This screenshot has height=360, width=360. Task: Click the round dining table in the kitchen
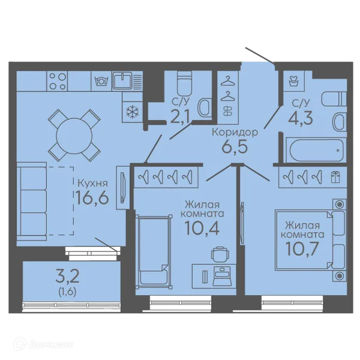[x=74, y=136]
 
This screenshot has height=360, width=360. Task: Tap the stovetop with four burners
[x=57, y=81]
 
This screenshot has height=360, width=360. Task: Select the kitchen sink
[x=122, y=80]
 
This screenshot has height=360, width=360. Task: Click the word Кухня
[x=93, y=183]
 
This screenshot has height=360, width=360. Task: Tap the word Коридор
[x=235, y=133]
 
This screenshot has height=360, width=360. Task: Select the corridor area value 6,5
[x=235, y=146]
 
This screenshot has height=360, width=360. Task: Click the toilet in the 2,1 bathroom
[x=184, y=83]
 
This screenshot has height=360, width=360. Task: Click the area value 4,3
[x=301, y=118]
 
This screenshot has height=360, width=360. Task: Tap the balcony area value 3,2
[x=67, y=277]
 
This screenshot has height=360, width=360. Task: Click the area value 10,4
[x=202, y=228]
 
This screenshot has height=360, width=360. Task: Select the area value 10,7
[x=302, y=249]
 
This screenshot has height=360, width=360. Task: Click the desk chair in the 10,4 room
[x=220, y=254]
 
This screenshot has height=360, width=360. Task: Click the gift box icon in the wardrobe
[x=335, y=177]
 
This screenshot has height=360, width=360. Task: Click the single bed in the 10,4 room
[x=154, y=251]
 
